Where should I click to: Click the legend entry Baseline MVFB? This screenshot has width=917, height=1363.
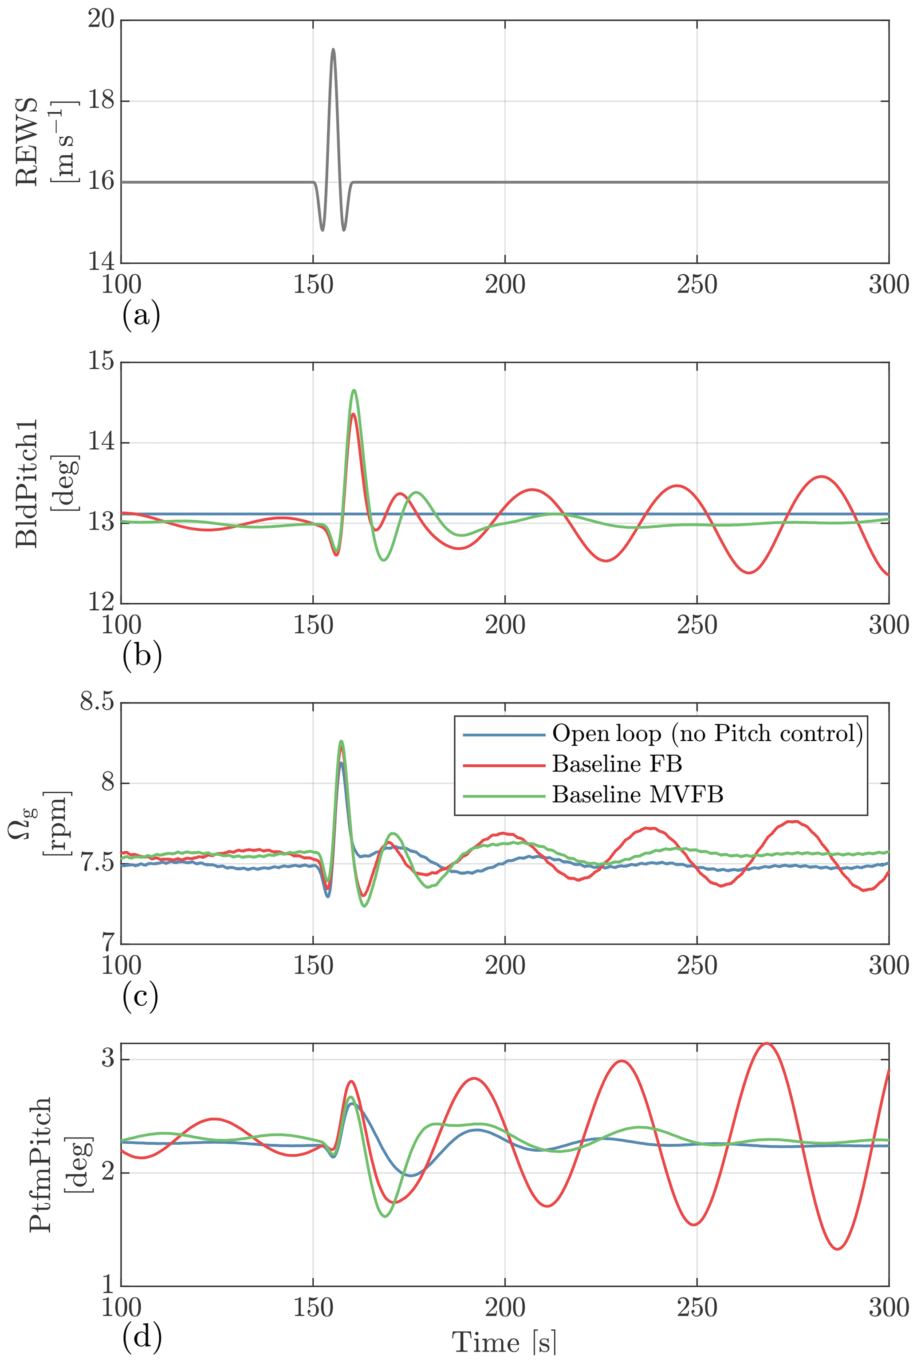[x=638, y=794]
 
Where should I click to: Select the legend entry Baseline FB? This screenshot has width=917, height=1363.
[x=617, y=764]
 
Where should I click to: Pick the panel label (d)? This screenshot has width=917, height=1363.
[x=142, y=1337]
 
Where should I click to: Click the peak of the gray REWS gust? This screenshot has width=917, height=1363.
[x=333, y=49]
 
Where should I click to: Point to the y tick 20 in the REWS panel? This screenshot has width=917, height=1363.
[x=101, y=19]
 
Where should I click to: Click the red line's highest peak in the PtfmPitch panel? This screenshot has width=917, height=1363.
[x=766, y=1043]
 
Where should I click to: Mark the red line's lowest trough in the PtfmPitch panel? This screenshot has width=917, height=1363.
[x=838, y=1249]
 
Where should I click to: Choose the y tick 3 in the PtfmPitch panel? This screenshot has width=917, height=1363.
[x=108, y=1059]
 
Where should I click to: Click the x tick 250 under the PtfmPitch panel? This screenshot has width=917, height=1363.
[x=697, y=1308]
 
